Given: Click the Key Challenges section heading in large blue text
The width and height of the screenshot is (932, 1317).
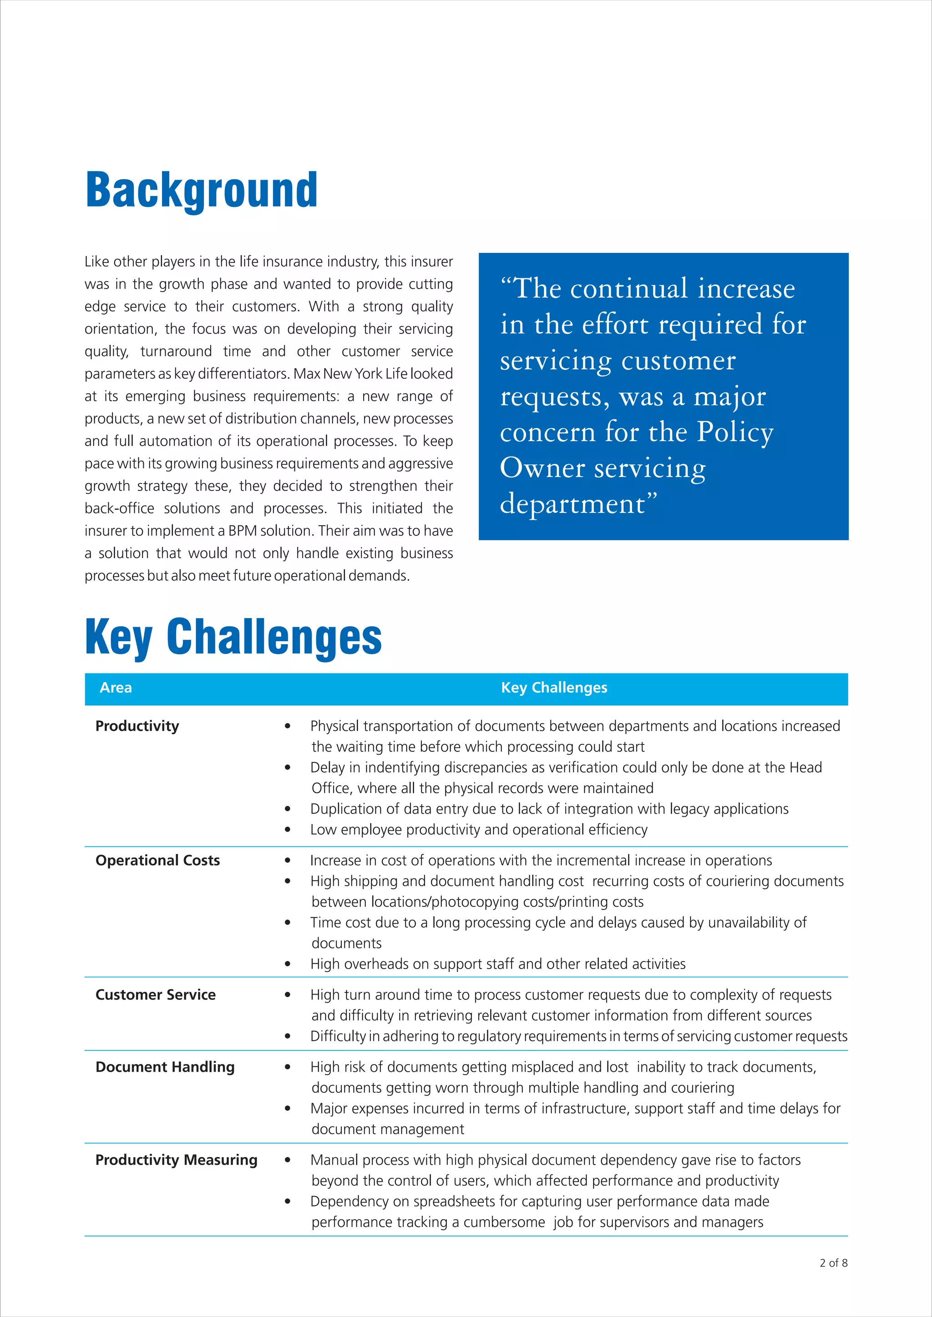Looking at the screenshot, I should (233, 637).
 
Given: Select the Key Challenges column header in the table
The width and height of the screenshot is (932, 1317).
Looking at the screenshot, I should (554, 688).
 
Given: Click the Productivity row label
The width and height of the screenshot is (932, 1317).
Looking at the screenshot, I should (137, 726).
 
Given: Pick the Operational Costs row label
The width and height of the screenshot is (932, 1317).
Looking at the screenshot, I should (157, 860).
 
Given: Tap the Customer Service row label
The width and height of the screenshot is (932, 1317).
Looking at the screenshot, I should (156, 995).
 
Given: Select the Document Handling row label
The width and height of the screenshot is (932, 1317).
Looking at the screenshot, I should (165, 1067).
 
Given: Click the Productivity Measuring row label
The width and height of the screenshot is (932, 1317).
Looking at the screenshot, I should (176, 1160).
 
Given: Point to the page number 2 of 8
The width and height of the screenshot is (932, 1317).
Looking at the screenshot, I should (833, 1262).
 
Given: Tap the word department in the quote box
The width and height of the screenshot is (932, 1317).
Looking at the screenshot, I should (572, 504).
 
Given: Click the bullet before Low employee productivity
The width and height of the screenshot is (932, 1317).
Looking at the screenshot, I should (288, 830).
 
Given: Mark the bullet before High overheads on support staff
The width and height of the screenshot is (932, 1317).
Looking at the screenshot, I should (288, 964).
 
